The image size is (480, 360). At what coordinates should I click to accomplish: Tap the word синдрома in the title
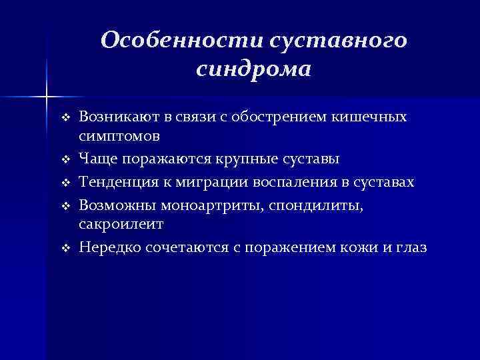pos(254,69)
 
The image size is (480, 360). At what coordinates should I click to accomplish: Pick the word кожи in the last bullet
pos(354,247)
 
